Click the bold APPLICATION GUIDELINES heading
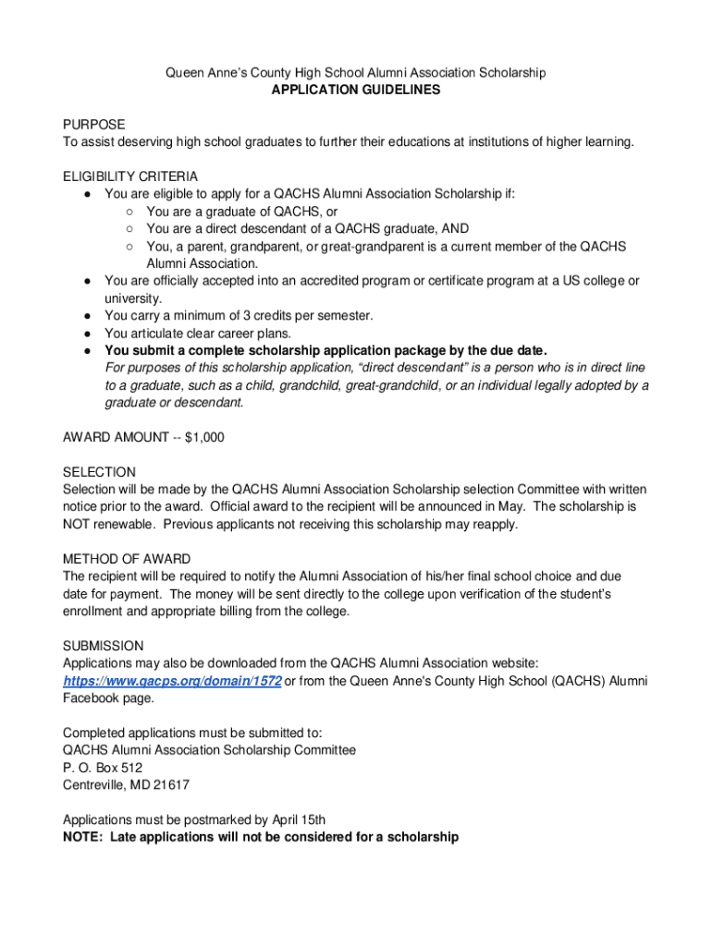click(x=355, y=91)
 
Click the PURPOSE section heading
click(x=93, y=125)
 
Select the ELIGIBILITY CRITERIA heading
click(x=130, y=176)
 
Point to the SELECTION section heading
click(x=99, y=472)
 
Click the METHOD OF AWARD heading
click(x=127, y=559)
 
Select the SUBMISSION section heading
click(x=104, y=646)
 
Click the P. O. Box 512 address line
click(x=103, y=768)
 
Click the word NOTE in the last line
click(x=81, y=838)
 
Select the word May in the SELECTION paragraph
click(x=507, y=507)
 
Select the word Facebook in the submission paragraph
click(x=92, y=698)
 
